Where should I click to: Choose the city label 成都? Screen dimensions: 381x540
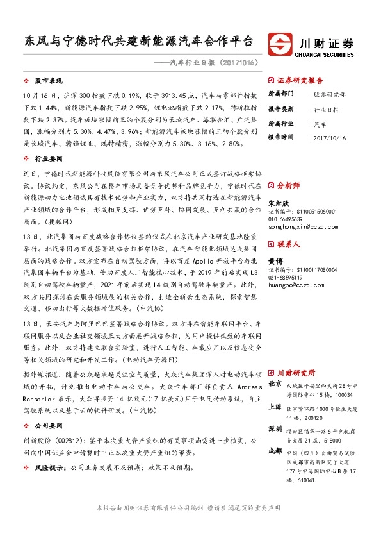(x=275, y=451)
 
